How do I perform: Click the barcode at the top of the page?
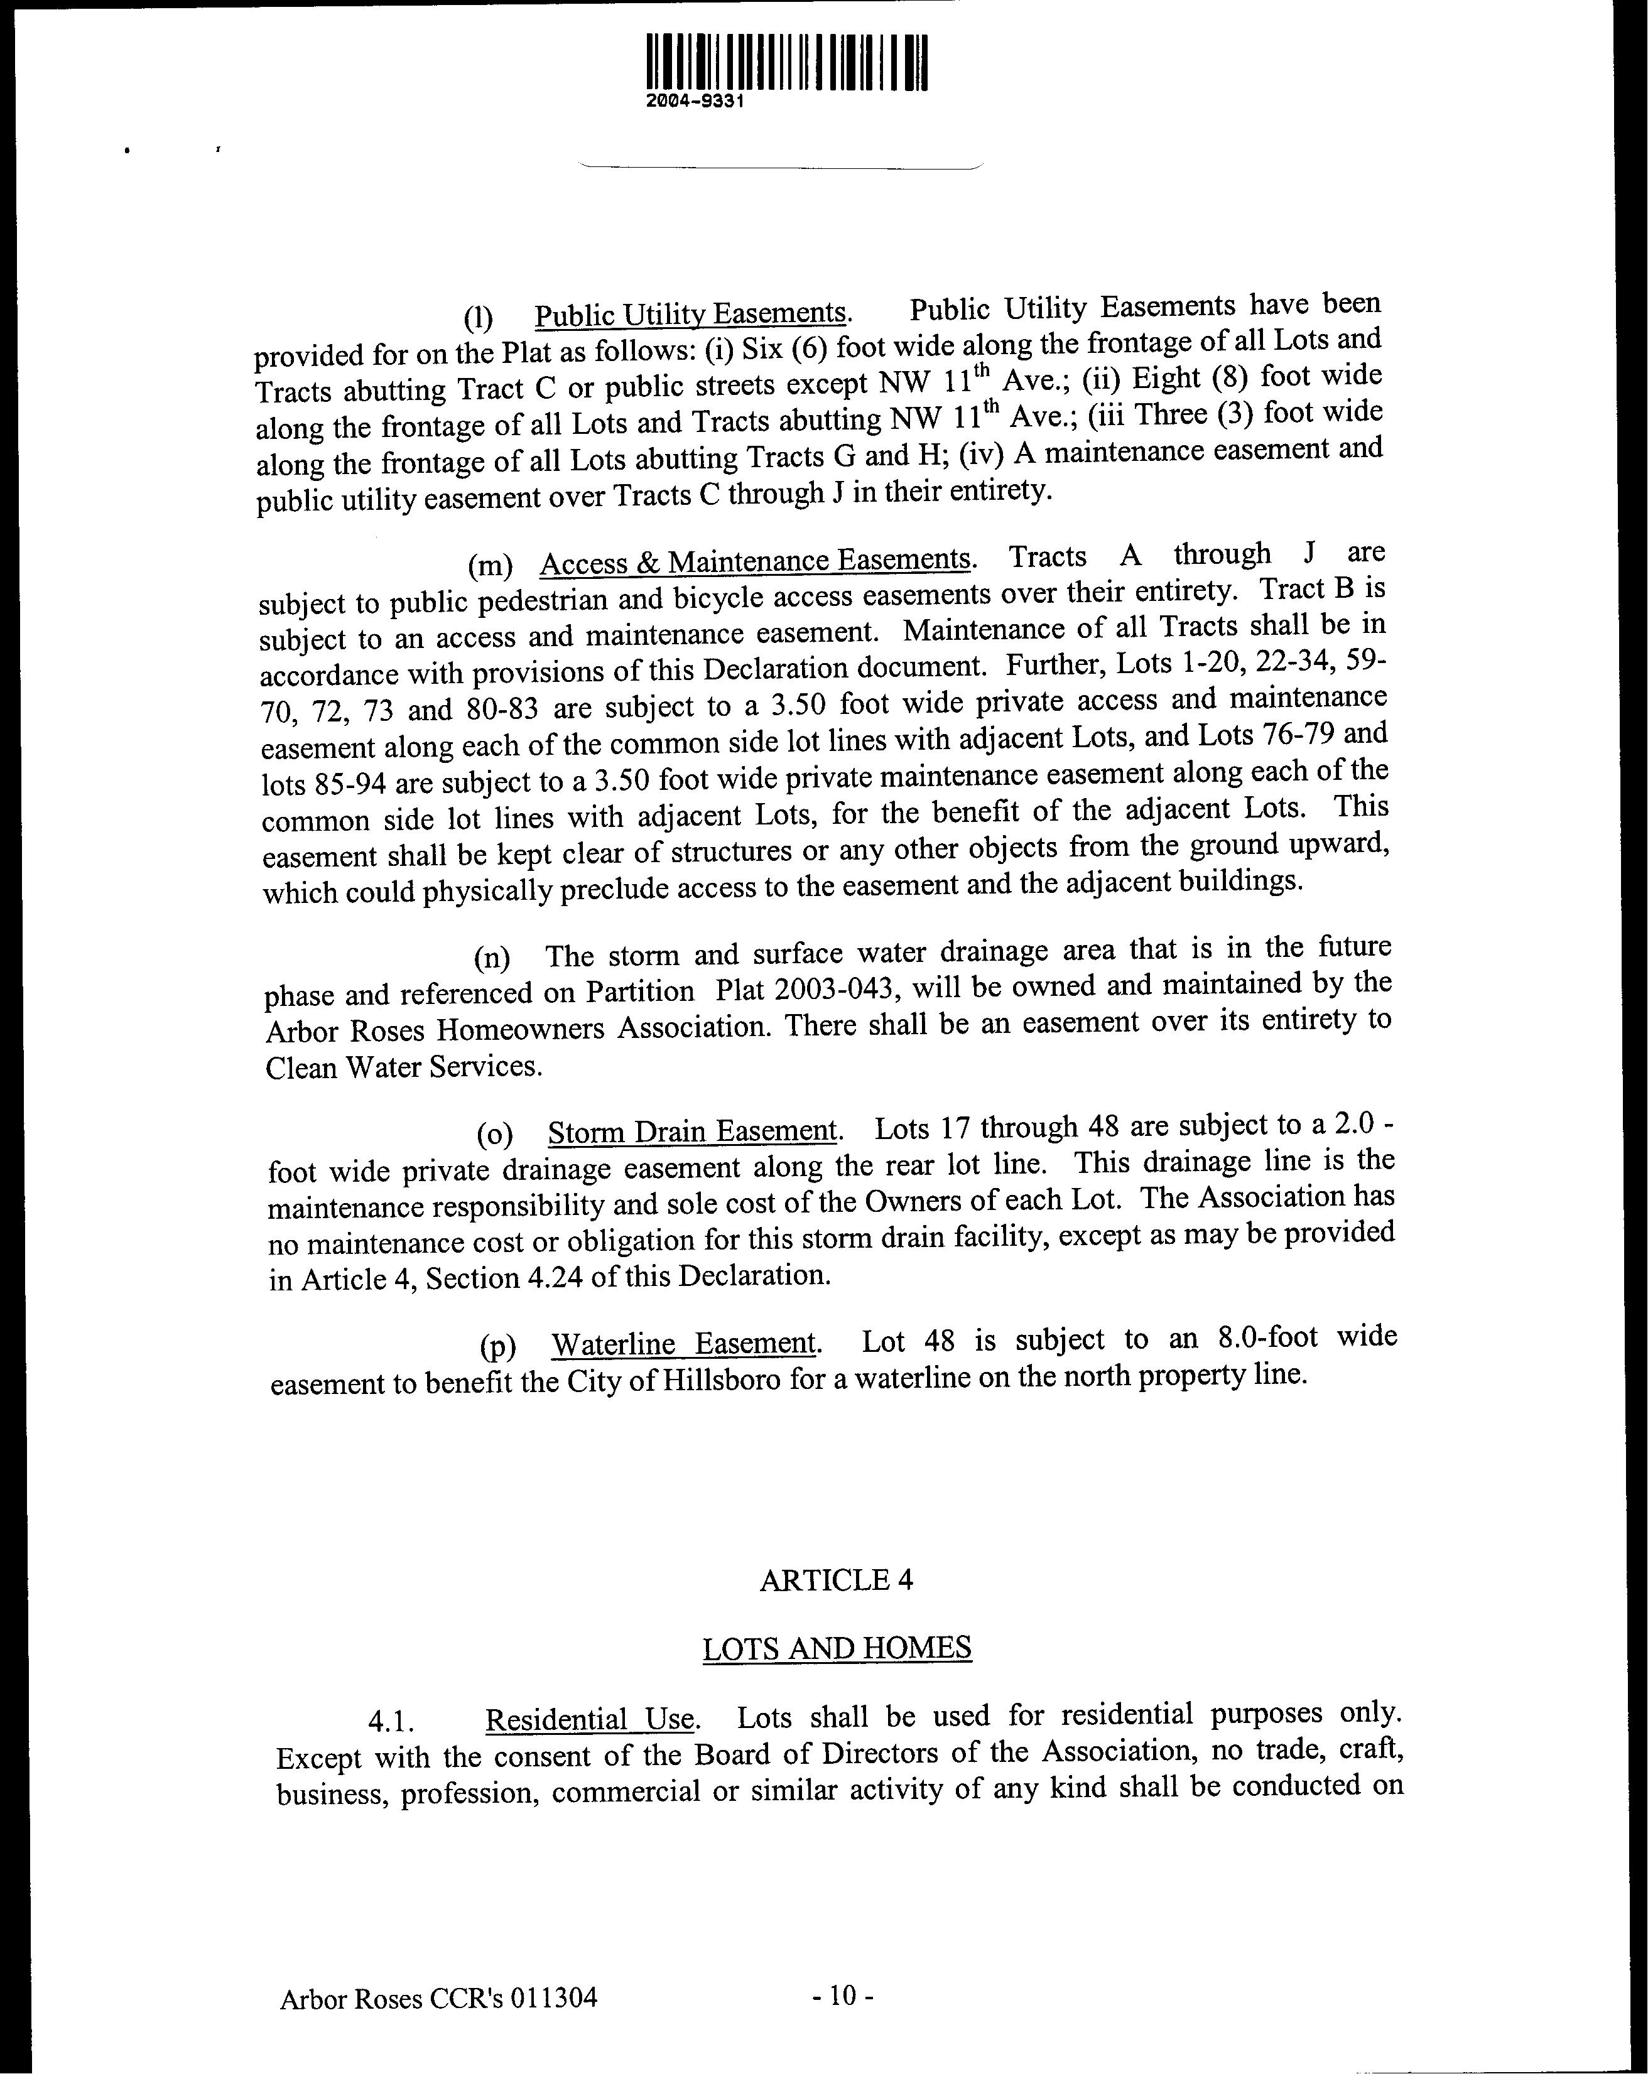[x=787, y=63]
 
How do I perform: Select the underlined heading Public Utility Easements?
[x=690, y=315]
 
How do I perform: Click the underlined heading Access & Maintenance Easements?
[x=755, y=561]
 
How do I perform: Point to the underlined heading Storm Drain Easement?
[x=693, y=1130]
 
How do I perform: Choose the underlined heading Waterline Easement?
[x=683, y=1343]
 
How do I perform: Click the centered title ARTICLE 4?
[x=836, y=1580]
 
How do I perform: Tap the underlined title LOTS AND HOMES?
[x=836, y=1649]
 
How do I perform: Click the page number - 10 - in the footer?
[x=842, y=1996]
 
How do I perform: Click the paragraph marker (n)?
[x=492, y=958]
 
